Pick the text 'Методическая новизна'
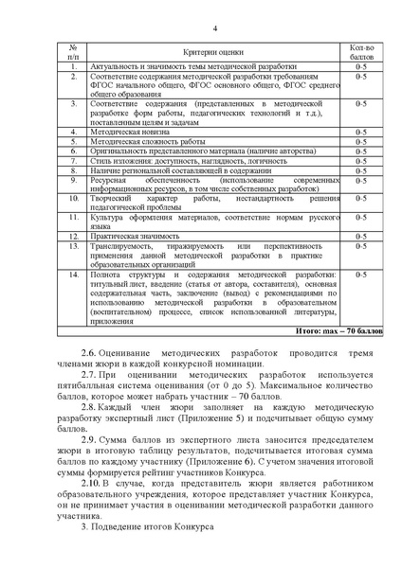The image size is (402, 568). pos(131,132)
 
